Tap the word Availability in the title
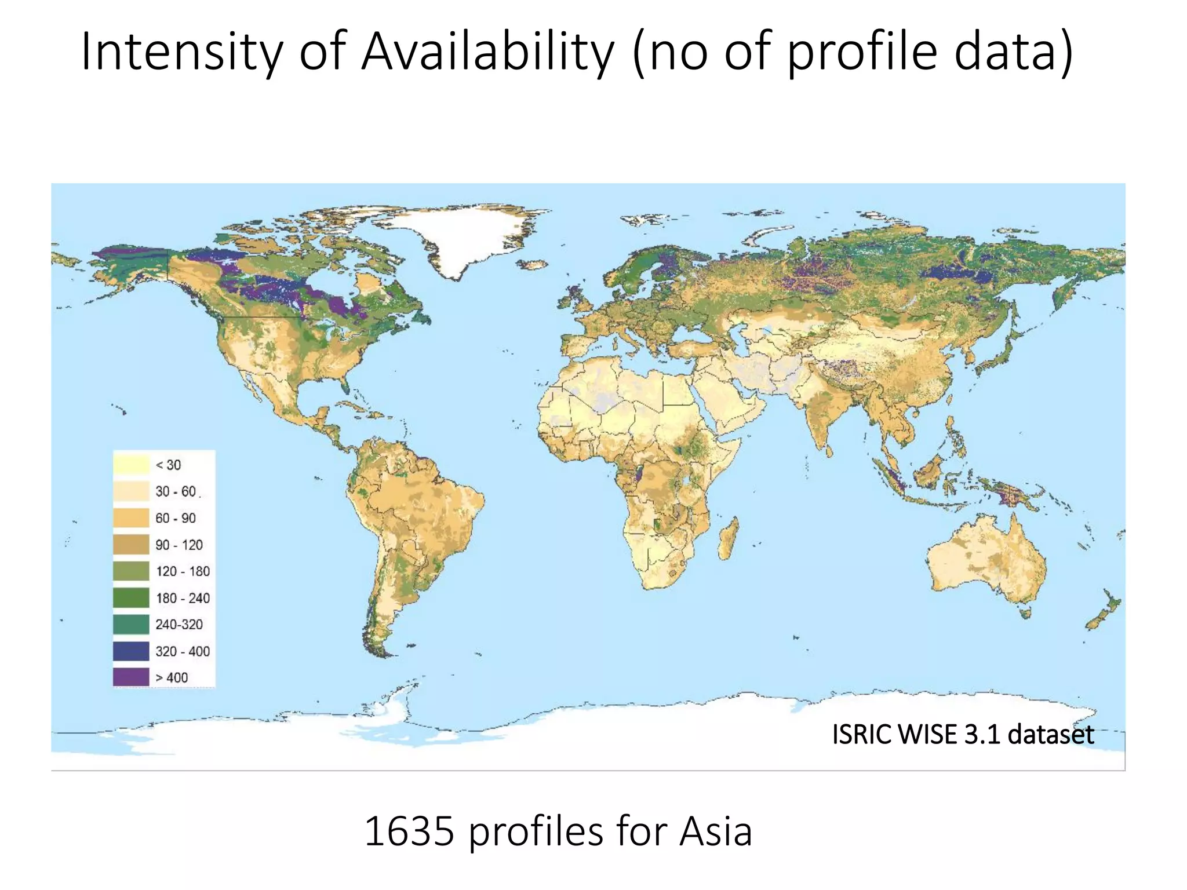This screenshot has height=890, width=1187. click(487, 52)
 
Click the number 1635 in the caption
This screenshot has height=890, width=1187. click(409, 831)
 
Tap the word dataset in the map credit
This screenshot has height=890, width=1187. click(1050, 734)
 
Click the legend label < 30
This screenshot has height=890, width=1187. click(168, 465)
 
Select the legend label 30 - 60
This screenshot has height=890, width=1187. click(176, 491)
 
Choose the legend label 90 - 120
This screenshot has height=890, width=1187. click(179, 545)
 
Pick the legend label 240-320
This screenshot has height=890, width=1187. click(179, 624)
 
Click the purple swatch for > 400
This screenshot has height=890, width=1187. click(131, 677)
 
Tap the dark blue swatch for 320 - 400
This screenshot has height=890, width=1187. click(131, 651)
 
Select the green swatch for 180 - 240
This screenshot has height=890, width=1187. click(131, 597)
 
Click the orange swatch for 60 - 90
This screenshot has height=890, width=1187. click(131, 517)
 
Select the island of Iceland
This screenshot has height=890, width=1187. click(532, 265)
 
